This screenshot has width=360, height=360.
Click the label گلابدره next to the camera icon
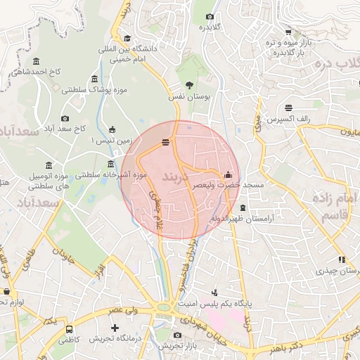pyautogui.click(x=210, y=27)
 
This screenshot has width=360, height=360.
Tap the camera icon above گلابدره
pyautogui.click(x=210, y=17)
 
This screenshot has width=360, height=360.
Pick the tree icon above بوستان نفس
pyautogui.click(x=188, y=84)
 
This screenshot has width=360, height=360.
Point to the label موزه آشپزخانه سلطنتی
pyautogui.click(x=110, y=174)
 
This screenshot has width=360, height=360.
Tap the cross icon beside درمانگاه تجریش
pyautogui.click(x=115, y=328)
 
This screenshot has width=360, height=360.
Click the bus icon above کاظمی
pyautogui.click(x=69, y=329)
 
